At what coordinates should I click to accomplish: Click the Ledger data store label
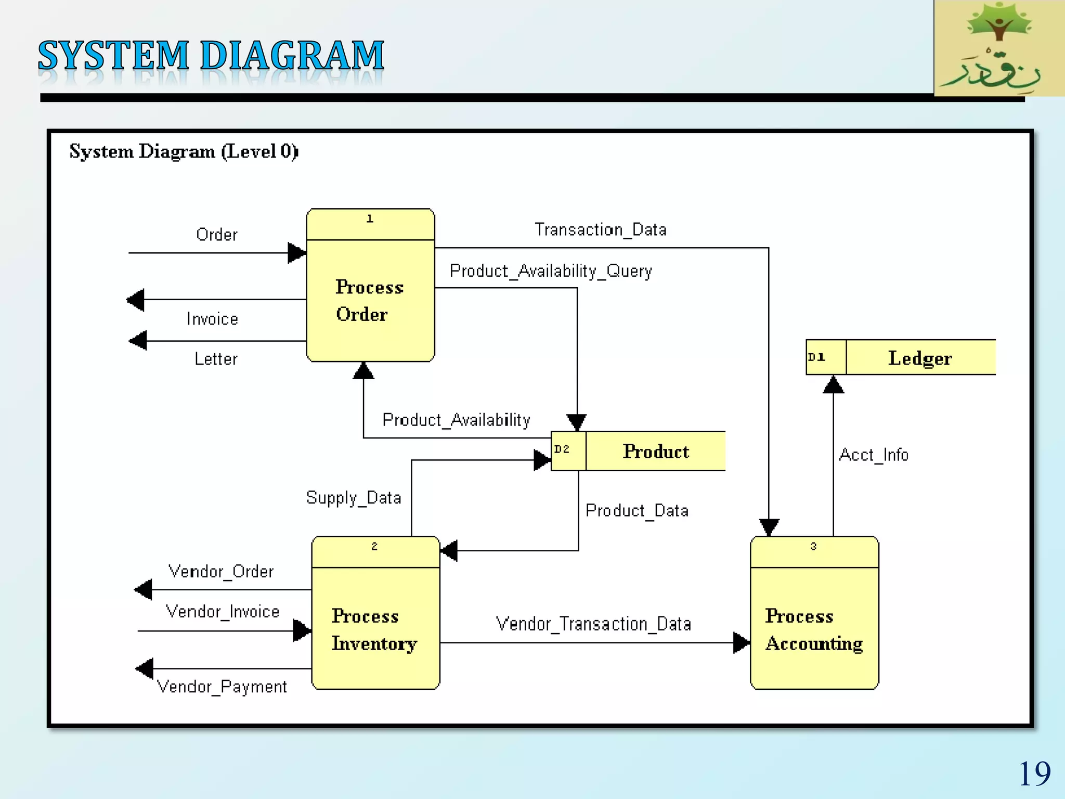tap(920, 358)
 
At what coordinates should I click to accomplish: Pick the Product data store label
tap(656, 452)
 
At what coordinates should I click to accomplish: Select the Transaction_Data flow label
tap(601, 229)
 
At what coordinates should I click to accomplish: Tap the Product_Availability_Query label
tap(551, 271)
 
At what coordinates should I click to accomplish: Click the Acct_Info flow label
tap(874, 455)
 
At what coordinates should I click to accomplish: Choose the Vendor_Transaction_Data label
tap(593, 624)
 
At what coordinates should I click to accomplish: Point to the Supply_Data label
tap(354, 498)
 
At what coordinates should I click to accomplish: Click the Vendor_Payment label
tap(222, 687)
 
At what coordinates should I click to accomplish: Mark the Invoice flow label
tap(212, 319)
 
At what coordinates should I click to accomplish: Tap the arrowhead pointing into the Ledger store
tap(833, 384)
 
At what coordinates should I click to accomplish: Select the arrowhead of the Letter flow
tap(138, 341)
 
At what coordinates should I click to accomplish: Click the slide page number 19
tap(1034, 774)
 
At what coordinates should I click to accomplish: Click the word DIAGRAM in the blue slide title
tap(292, 56)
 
